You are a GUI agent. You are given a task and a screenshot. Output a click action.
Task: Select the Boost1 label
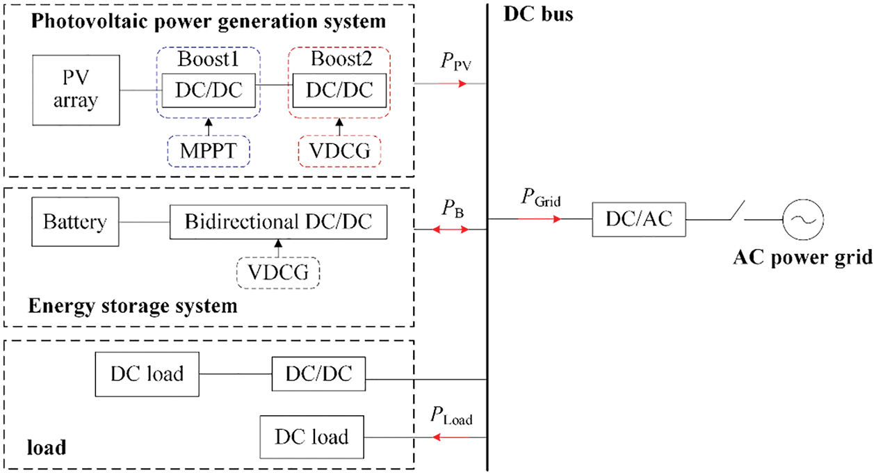coord(209,61)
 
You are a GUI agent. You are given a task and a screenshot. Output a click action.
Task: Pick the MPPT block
coord(209,150)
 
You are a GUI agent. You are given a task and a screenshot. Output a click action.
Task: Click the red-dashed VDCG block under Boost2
coord(339,150)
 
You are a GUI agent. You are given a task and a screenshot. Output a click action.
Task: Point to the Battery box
coord(74,223)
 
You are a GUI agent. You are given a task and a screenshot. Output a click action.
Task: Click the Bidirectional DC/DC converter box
coord(278,223)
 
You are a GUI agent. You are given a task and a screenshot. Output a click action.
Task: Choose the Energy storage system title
coord(133,305)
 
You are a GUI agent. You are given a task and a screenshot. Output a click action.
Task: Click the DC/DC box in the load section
coord(318,375)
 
